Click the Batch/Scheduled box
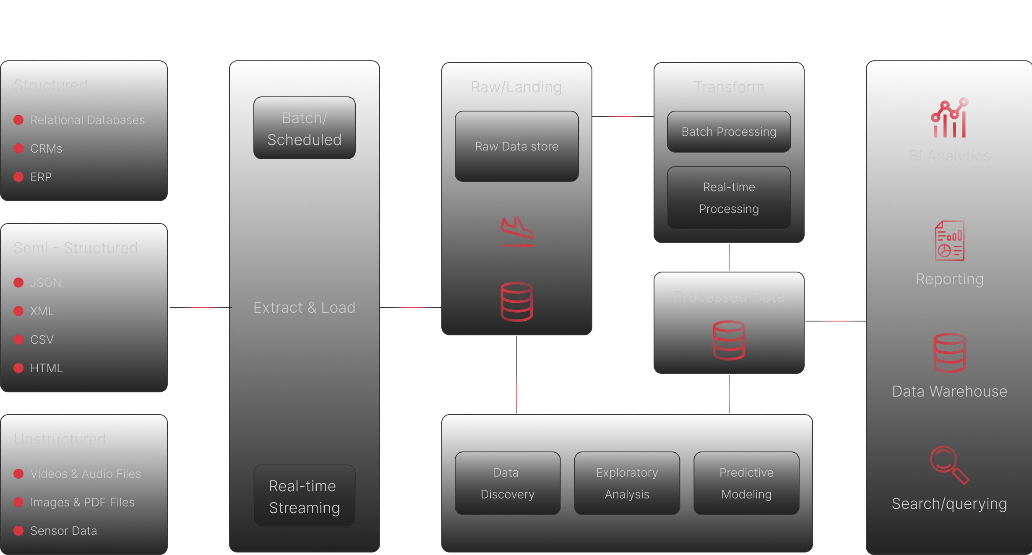304,128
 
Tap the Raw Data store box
516,146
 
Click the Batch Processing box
729,132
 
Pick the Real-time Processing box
729,198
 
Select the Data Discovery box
507,483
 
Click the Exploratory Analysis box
627,483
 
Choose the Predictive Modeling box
746,483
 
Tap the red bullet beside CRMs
18,148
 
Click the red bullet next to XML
18,311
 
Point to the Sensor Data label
63,531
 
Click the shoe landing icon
517,231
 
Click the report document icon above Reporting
949,241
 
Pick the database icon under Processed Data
729,340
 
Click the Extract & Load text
304,307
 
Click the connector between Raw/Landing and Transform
622,115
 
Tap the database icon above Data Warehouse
949,353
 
